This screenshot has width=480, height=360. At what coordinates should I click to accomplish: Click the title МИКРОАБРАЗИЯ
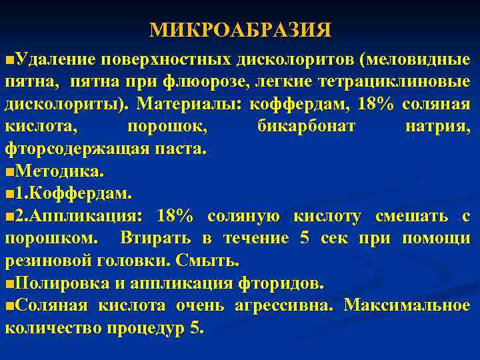coord(240,30)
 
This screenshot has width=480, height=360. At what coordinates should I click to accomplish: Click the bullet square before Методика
coord(8,172)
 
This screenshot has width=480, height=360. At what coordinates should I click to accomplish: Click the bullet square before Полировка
coord(8,283)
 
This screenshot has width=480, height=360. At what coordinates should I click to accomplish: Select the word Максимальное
coord(407,305)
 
